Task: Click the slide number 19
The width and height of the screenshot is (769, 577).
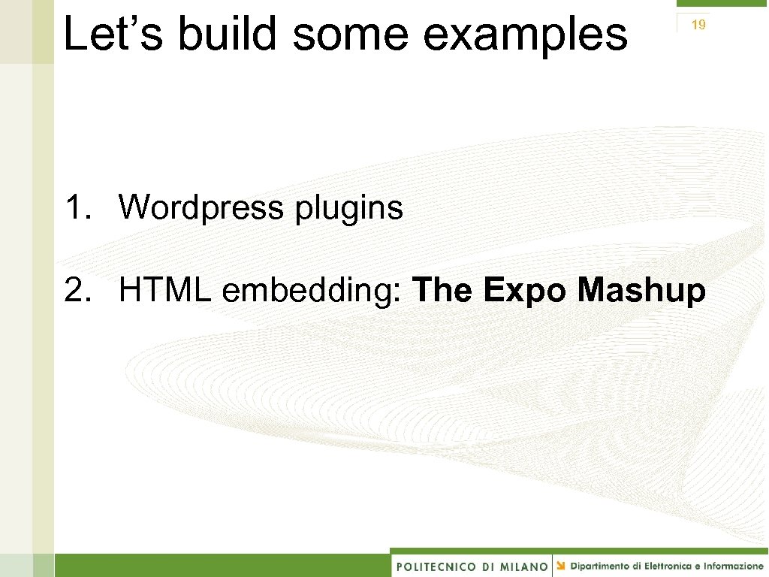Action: (698, 25)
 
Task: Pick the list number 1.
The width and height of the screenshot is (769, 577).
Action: (77, 207)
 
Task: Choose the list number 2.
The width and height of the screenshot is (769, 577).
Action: (77, 290)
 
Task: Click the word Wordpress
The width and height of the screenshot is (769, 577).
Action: (201, 207)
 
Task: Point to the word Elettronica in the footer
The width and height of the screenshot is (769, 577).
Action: (671, 566)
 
